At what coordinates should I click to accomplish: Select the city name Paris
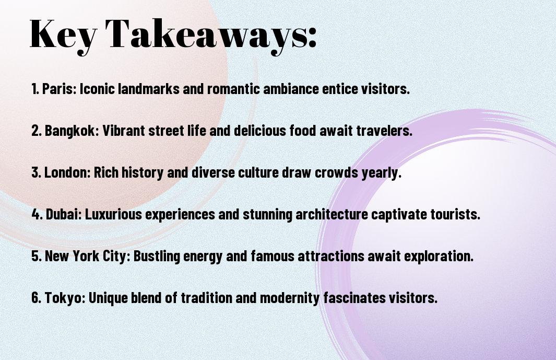59,89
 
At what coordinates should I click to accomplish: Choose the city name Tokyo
65,298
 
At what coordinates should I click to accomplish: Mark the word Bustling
156,256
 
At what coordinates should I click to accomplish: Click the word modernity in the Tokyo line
290,298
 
